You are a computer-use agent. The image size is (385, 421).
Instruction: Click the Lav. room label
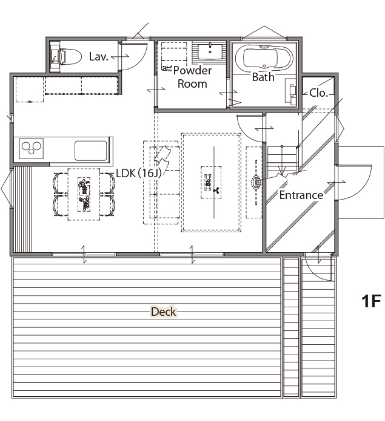click(99, 57)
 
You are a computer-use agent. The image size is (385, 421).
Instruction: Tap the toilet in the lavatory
click(71, 57)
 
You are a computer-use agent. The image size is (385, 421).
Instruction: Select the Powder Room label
click(192, 77)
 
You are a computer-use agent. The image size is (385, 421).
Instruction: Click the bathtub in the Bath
click(264, 57)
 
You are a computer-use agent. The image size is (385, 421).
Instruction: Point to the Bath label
click(263, 77)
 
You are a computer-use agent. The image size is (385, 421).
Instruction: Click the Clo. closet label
click(319, 93)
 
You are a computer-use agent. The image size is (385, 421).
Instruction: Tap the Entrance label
click(301, 195)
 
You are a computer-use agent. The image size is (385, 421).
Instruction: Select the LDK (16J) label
click(139, 173)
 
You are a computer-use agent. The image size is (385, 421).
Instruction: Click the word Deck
click(164, 312)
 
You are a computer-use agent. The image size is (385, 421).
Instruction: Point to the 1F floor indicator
click(371, 301)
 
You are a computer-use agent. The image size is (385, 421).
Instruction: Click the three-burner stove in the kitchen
click(31, 148)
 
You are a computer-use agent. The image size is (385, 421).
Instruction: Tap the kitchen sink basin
click(91, 151)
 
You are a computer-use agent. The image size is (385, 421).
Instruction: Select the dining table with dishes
click(84, 194)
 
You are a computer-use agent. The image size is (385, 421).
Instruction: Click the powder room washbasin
click(210, 51)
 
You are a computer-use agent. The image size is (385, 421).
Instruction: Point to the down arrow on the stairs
click(282, 160)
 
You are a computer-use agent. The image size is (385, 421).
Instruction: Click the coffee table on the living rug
click(211, 182)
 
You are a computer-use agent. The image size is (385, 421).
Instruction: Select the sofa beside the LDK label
click(161, 183)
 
